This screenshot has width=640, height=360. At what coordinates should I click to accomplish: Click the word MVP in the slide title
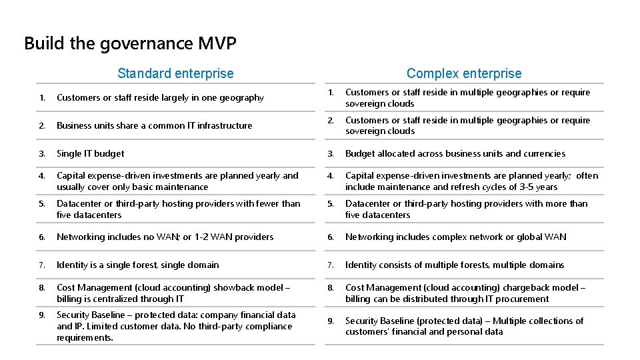tap(217, 44)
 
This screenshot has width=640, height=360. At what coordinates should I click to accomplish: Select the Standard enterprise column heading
tap(175, 73)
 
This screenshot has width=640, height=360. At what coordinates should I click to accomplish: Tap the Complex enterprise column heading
tap(464, 73)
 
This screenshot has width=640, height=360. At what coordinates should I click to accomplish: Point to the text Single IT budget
tap(91, 153)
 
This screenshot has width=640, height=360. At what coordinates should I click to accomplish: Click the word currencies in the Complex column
tap(541, 153)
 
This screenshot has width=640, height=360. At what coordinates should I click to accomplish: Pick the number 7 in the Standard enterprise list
tap(41, 265)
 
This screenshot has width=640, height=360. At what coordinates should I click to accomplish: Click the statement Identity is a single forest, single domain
tap(137, 265)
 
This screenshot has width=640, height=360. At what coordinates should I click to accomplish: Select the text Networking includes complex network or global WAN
tap(455, 237)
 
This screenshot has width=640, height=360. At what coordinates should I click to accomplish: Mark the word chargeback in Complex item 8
tap(525, 288)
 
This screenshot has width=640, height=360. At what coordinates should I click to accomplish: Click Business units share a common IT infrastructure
tap(154, 125)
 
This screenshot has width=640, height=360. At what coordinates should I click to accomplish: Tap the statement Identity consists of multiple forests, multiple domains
tap(455, 265)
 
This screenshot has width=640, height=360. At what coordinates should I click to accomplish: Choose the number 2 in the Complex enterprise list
tap(330, 121)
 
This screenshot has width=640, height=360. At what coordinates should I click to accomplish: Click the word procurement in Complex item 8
tap(525, 299)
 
